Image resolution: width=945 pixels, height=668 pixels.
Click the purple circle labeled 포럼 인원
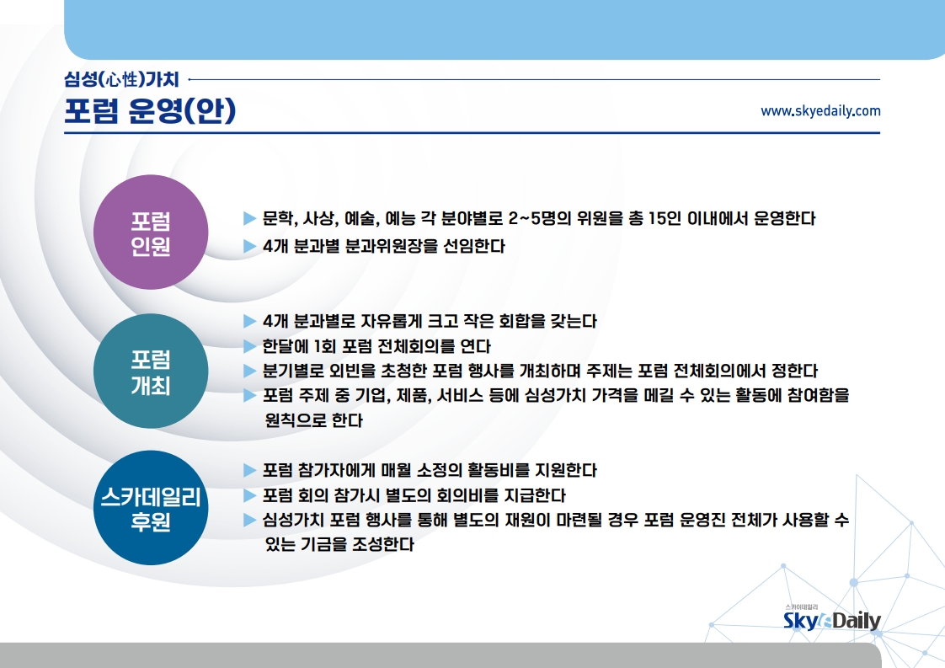(151, 232)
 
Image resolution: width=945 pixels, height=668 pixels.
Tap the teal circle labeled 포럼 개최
(151, 371)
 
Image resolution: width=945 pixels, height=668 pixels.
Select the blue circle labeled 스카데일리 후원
(151, 508)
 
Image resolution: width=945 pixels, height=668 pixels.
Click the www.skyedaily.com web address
(820, 111)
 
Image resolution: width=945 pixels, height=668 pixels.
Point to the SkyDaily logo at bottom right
(831, 619)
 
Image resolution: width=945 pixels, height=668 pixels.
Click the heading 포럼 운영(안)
(150, 110)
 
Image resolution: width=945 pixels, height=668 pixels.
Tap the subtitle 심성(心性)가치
(122, 79)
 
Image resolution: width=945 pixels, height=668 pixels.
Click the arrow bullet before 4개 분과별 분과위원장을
(249, 246)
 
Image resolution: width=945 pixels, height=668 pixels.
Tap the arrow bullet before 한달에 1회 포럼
(249, 346)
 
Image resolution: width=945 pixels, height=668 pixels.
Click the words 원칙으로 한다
(314, 420)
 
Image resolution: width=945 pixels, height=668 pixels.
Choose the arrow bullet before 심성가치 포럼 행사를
(249, 520)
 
